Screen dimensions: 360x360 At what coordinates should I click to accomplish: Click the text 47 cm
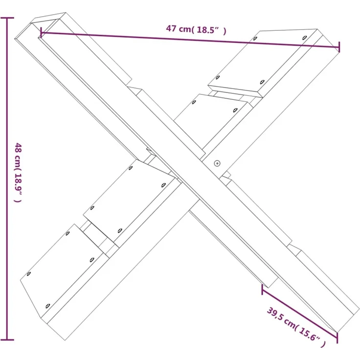click(x=179, y=29)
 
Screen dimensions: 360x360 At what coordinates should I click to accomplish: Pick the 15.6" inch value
click(x=309, y=334)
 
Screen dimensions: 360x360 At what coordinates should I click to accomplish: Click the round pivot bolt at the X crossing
click(x=217, y=163)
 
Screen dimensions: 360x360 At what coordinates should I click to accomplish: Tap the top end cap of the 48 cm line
click(x=7, y=18)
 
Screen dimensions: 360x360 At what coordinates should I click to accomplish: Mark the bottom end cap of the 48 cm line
click(x=7, y=339)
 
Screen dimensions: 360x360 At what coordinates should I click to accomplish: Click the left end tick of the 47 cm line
click(x=41, y=32)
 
